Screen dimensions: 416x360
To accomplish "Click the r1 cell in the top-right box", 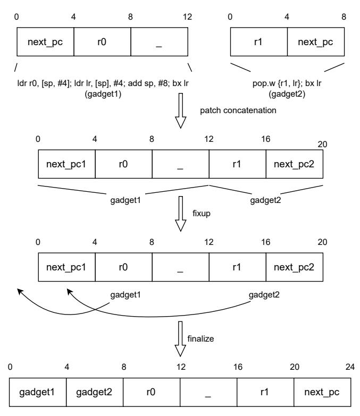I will (258, 42).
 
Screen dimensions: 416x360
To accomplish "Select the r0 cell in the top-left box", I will (102, 42).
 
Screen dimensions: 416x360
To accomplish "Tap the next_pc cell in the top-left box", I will (45, 42).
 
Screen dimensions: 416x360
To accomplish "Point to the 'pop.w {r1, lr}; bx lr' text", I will (287, 84).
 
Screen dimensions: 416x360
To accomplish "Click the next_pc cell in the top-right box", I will (316, 42).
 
